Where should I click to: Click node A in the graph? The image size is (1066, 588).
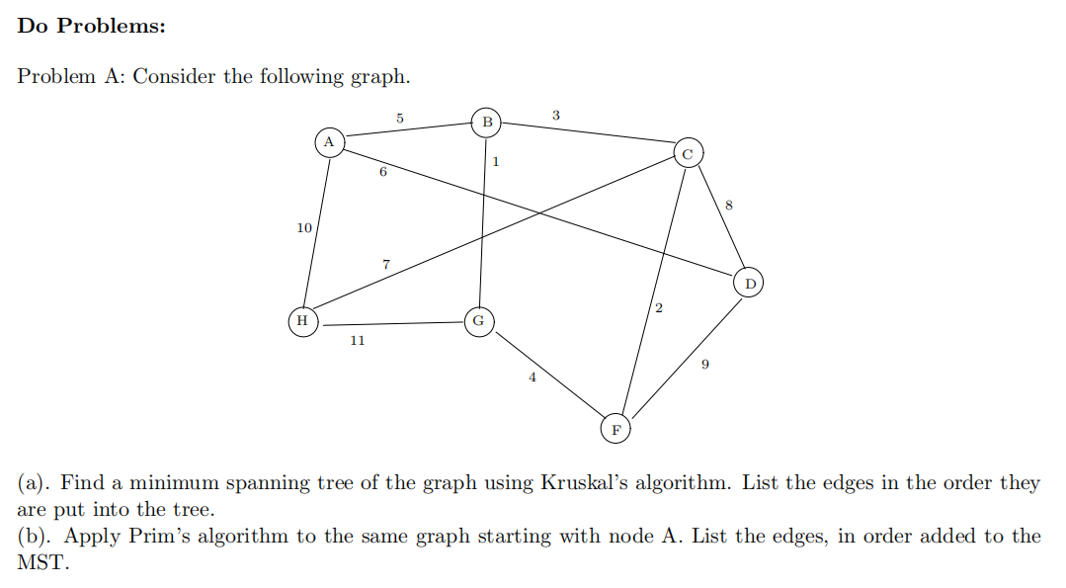(330, 142)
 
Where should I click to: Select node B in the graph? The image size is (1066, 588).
(486, 123)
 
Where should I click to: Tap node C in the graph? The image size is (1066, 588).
(688, 153)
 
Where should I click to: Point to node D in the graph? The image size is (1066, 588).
(750, 284)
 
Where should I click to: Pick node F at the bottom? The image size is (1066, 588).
(615, 429)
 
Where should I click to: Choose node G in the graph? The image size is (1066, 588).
(478, 321)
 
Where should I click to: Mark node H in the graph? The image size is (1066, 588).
(302, 321)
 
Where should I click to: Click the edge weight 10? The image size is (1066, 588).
(304, 228)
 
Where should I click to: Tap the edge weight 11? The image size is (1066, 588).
(357, 341)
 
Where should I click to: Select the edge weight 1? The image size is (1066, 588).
(495, 160)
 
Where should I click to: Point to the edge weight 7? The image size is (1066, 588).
(386, 264)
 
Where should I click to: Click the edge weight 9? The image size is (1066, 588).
(704, 365)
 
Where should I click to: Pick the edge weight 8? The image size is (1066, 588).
(729, 206)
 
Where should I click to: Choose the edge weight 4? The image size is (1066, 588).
(533, 377)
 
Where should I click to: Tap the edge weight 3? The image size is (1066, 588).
(555, 116)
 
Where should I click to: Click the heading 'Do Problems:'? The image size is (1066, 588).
(92, 27)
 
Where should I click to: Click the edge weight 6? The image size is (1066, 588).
(382, 172)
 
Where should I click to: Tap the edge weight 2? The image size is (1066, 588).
(659, 311)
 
